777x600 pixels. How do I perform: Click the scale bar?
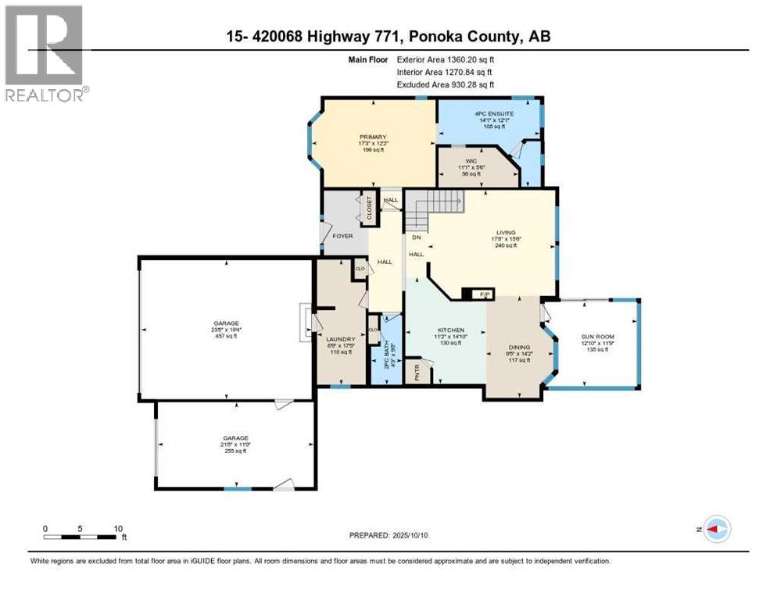[82, 537]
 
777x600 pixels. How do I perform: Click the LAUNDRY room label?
[340, 338]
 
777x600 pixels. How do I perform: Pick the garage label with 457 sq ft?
[227, 323]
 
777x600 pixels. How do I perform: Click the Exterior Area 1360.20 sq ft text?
[446, 58]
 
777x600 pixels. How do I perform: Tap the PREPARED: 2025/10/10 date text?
[388, 535]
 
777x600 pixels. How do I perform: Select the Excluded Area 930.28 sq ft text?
[446, 84]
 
